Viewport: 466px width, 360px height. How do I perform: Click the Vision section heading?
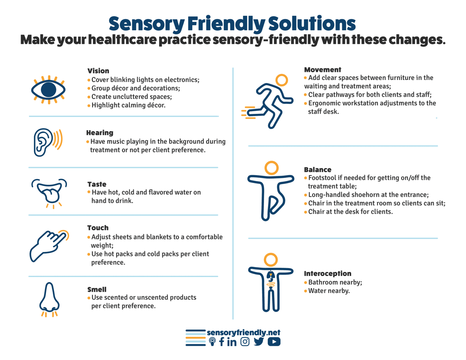tap(98, 71)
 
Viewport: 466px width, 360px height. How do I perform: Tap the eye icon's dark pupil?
tap(49, 90)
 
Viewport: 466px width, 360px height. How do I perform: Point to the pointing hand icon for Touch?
tap(49, 246)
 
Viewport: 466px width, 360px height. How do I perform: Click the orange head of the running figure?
tap(282, 80)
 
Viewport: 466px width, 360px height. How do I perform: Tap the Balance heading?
tap(317, 170)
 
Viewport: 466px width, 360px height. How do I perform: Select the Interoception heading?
tap(328, 274)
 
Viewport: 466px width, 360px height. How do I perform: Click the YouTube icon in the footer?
tap(274, 342)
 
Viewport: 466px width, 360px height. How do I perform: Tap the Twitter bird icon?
tap(259, 342)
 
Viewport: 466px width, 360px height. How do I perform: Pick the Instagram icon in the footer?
tap(245, 342)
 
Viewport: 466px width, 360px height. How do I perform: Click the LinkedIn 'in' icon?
tap(232, 342)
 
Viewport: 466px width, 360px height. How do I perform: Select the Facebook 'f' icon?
tap(222, 342)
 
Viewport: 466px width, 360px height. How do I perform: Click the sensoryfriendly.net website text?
tap(243, 332)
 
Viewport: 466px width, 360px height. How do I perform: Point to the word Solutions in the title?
tap(312, 24)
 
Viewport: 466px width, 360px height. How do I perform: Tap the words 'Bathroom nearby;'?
tap(335, 282)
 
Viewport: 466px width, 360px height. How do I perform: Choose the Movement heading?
tap(322, 70)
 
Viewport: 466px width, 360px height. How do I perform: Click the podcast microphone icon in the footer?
tap(212, 342)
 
